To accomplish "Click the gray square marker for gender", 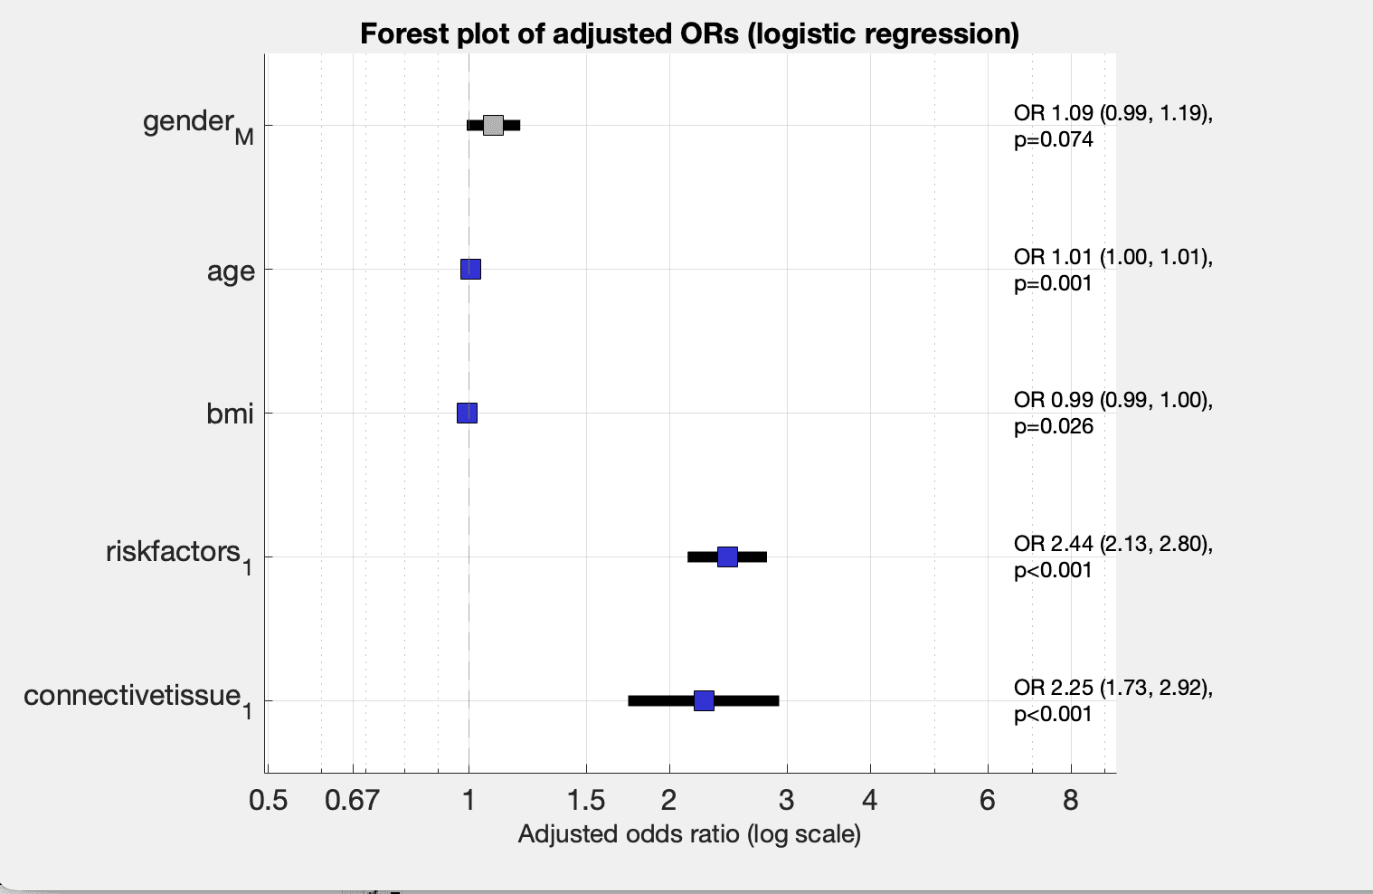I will [x=493, y=125].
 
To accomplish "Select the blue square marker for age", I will [x=470, y=269].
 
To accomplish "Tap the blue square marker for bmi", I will [x=467, y=413].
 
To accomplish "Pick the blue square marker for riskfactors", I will [x=727, y=556].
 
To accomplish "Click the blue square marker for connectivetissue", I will [x=704, y=700].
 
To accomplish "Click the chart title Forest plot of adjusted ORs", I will [x=689, y=33].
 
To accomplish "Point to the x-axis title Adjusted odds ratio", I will [x=689, y=833].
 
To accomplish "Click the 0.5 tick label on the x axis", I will [x=268, y=800].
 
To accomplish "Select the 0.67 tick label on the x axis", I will [x=352, y=800].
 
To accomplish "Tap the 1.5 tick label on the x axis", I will [x=586, y=800].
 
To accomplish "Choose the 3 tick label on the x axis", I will [x=786, y=800].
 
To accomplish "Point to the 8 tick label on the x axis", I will [x=1071, y=800].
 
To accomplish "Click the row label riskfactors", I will [x=174, y=552].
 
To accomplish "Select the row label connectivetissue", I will [x=133, y=696].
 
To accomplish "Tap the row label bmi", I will [x=230, y=414].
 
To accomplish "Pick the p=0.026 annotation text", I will [x=1054, y=427].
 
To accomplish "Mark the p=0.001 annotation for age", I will [x=1054, y=283].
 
